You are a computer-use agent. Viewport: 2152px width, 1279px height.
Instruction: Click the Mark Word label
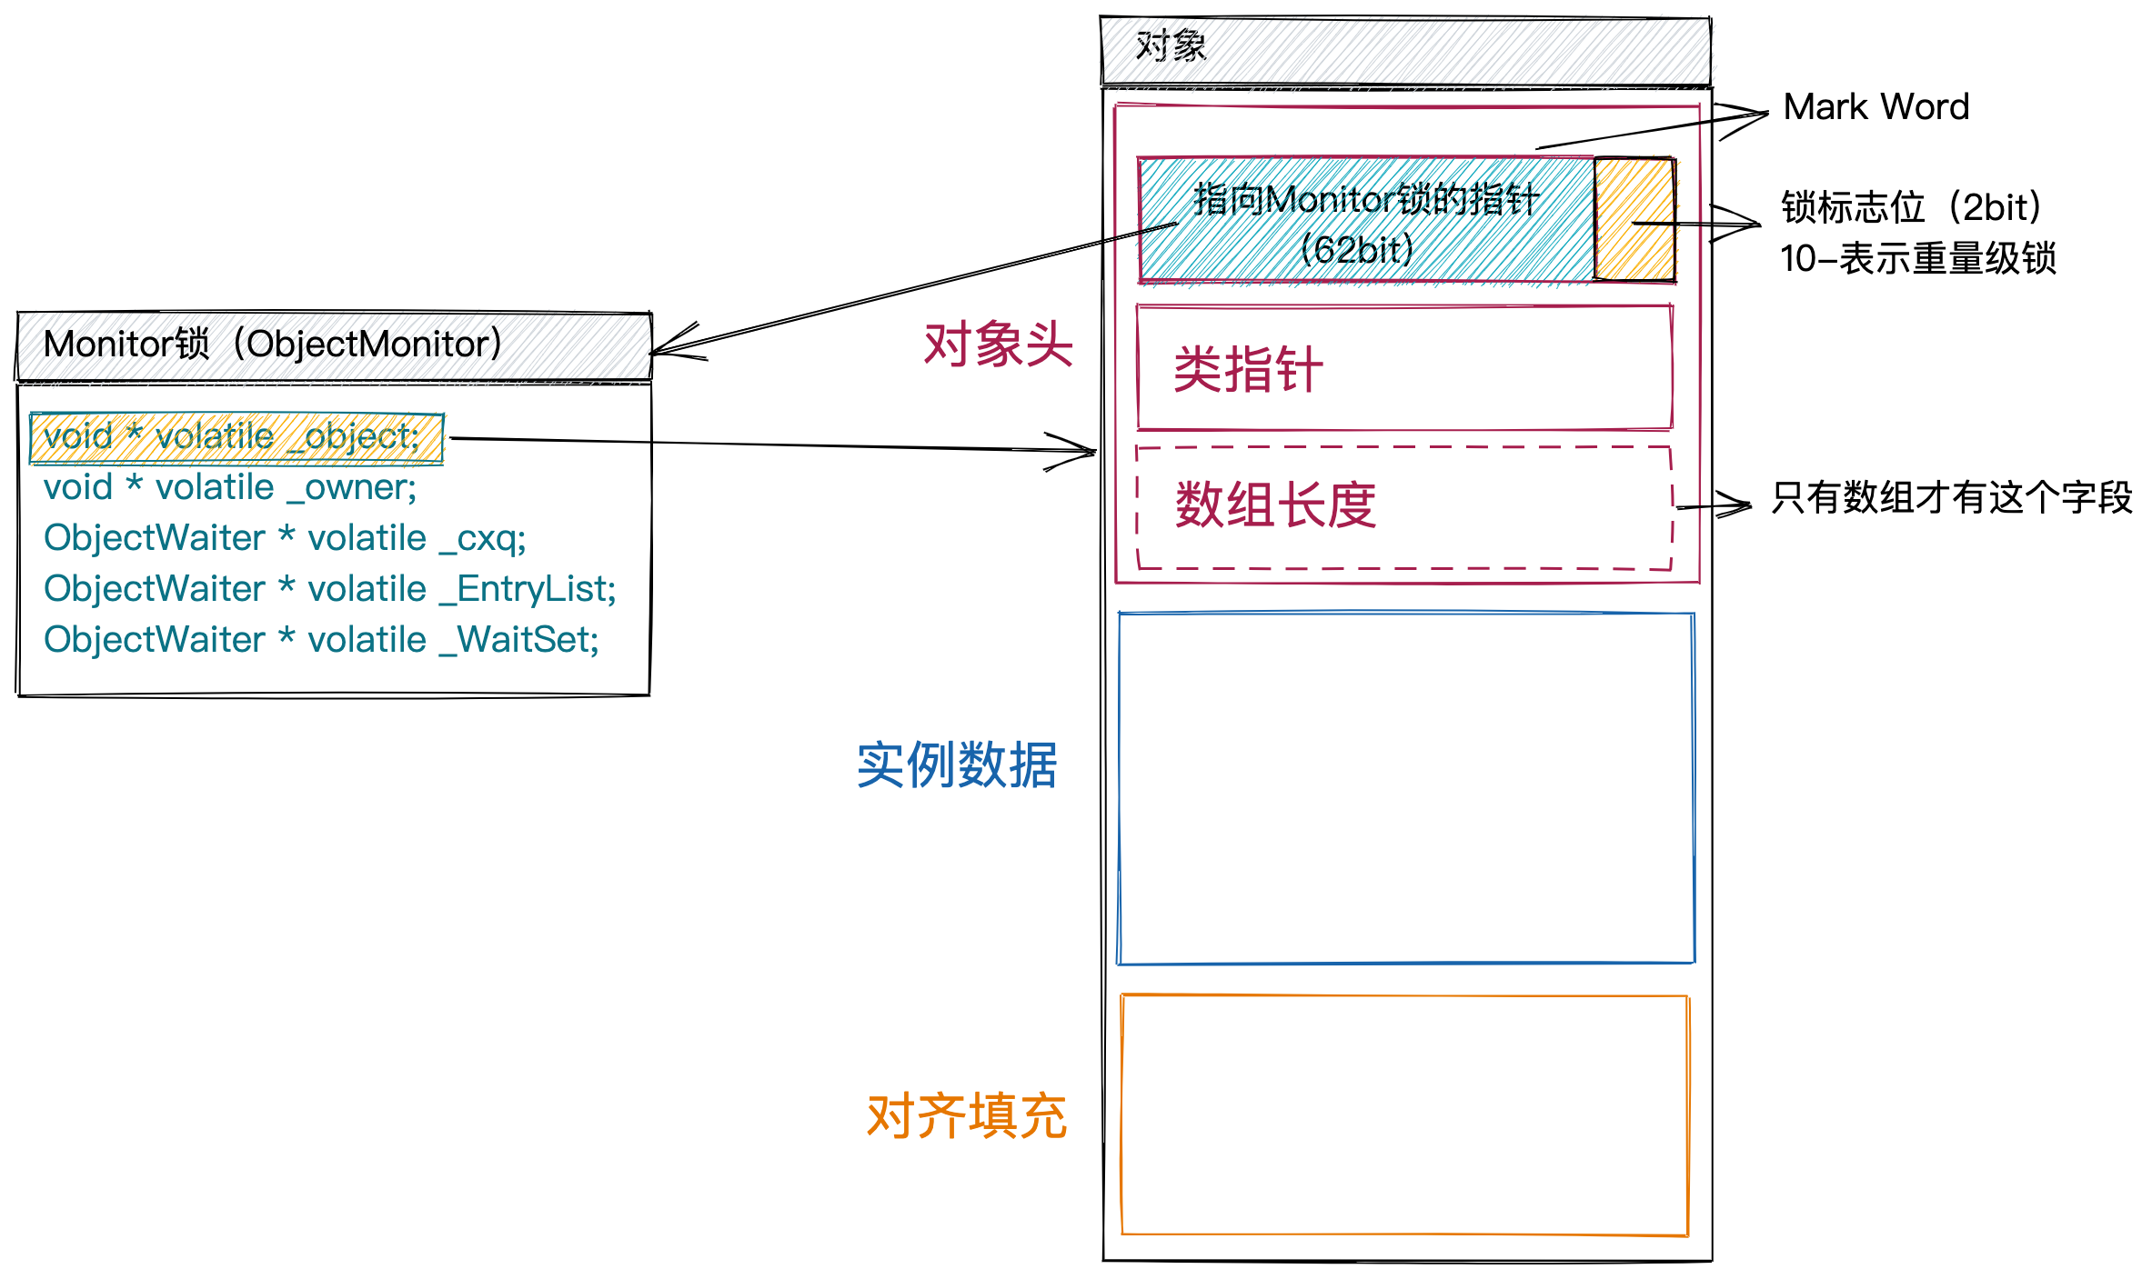[x=1875, y=107]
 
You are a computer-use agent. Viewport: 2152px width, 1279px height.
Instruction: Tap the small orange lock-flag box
[x=1634, y=219]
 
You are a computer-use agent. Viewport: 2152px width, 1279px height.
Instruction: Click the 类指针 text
[x=1248, y=369]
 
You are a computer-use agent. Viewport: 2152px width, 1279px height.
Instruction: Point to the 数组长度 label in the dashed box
[x=1275, y=505]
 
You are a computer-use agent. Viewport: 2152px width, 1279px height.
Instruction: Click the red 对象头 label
[x=998, y=345]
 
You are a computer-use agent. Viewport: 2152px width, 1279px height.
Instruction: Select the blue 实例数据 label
[x=957, y=764]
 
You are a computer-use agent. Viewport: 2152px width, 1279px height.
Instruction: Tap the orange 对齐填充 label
[x=966, y=1115]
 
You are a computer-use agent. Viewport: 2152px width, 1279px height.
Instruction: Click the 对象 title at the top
[x=1171, y=46]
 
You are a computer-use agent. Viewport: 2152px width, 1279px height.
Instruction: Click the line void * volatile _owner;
[x=230, y=488]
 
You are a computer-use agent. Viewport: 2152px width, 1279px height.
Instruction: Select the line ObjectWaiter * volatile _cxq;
[x=285, y=538]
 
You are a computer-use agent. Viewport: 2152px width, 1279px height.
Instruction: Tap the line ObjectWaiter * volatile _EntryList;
[x=329, y=589]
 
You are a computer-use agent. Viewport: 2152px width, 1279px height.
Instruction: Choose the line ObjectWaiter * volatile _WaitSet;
[x=321, y=640]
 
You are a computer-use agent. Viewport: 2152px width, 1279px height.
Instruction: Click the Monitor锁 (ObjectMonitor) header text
[x=273, y=345]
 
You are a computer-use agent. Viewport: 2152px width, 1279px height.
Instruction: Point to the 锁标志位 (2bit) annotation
[x=1910, y=208]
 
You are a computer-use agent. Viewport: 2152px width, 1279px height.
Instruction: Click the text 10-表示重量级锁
[x=1917, y=259]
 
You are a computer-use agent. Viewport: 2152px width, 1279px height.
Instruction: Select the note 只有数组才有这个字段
[x=1951, y=498]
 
